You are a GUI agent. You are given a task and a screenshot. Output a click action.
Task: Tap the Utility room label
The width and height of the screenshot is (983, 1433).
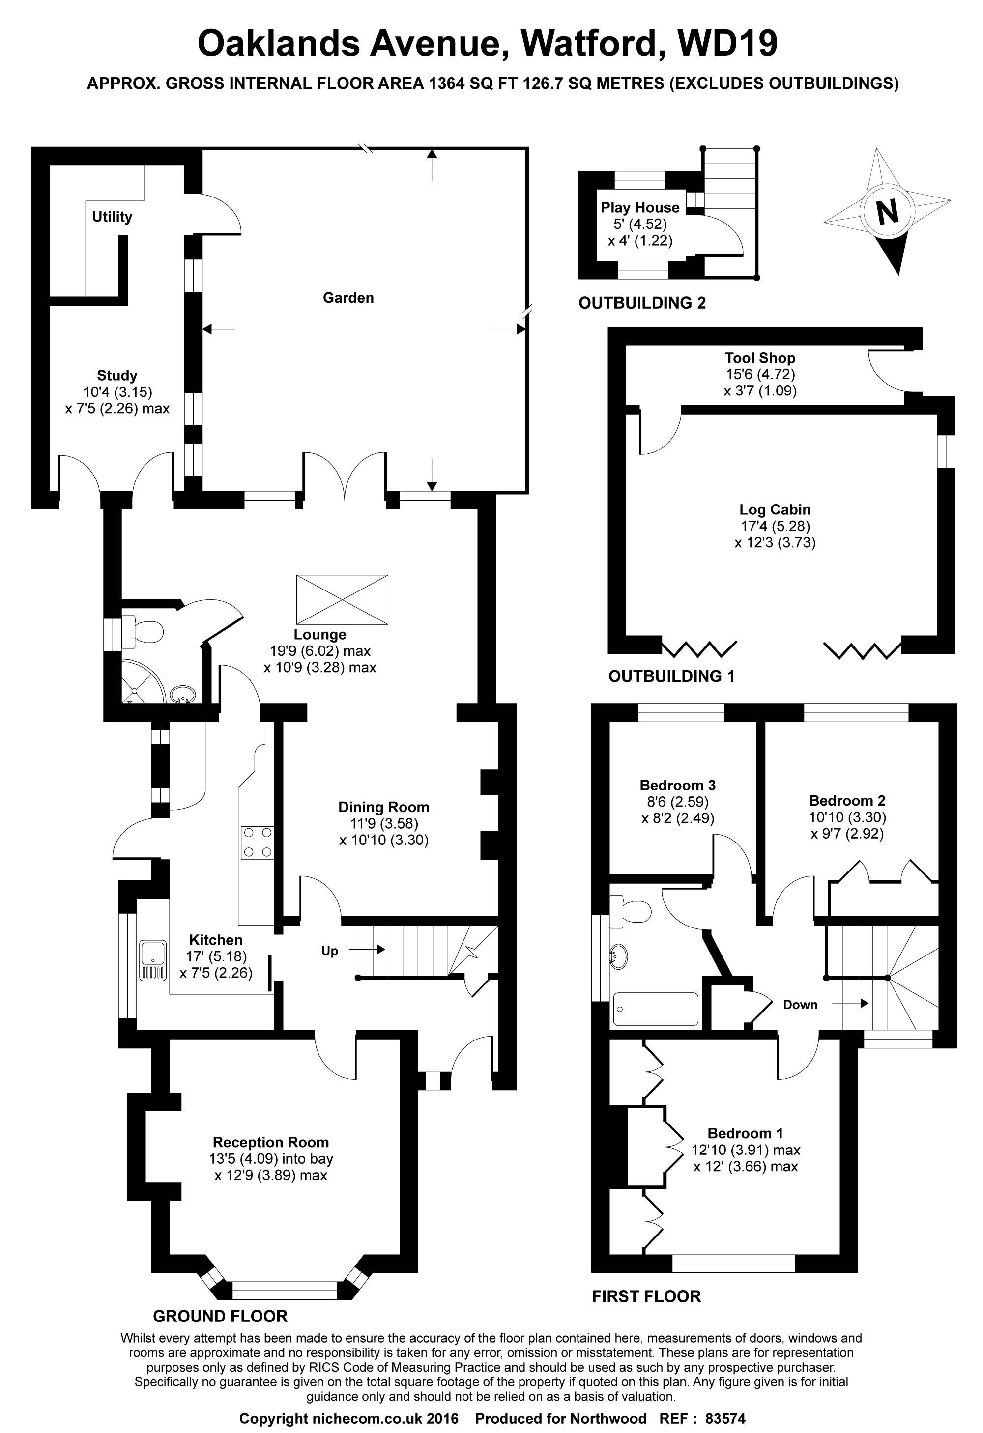pos(112,217)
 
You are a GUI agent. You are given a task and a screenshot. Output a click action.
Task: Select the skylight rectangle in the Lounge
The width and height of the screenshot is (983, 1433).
pos(342,599)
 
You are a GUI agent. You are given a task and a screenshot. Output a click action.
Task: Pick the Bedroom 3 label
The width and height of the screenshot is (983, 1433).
pos(678,785)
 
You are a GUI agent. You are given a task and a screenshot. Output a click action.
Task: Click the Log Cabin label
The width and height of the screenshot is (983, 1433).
pos(775,509)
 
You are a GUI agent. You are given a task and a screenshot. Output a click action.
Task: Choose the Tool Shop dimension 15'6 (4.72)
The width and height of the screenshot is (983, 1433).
pos(760,374)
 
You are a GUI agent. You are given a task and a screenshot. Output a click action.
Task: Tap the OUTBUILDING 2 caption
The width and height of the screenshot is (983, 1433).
pos(642,303)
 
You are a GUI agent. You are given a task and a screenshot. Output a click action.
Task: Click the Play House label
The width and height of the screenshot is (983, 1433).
pos(640,207)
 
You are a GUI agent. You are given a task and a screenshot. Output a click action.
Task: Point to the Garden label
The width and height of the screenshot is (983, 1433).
pos(348,298)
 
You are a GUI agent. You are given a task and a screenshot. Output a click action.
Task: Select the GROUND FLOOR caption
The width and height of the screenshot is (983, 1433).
pos(220,1317)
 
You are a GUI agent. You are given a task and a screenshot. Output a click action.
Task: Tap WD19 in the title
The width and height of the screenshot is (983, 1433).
pos(727,43)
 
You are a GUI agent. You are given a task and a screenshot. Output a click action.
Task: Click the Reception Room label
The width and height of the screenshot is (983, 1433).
pos(270,1142)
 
